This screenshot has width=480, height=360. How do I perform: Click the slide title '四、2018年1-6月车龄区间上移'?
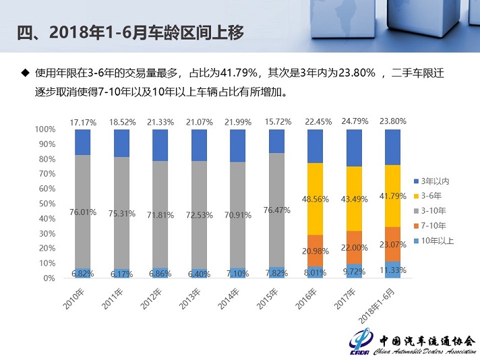[x=129, y=32]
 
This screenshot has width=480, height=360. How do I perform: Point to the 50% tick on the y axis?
[x=45, y=204]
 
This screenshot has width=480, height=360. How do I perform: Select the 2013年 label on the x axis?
[x=190, y=296]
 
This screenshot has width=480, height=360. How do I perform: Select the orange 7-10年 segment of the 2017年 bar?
[x=354, y=247]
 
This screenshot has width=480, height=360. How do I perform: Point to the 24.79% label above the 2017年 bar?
[x=355, y=122]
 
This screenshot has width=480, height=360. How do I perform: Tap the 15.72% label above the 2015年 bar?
[x=277, y=122]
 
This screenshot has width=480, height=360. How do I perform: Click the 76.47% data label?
[x=277, y=210]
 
